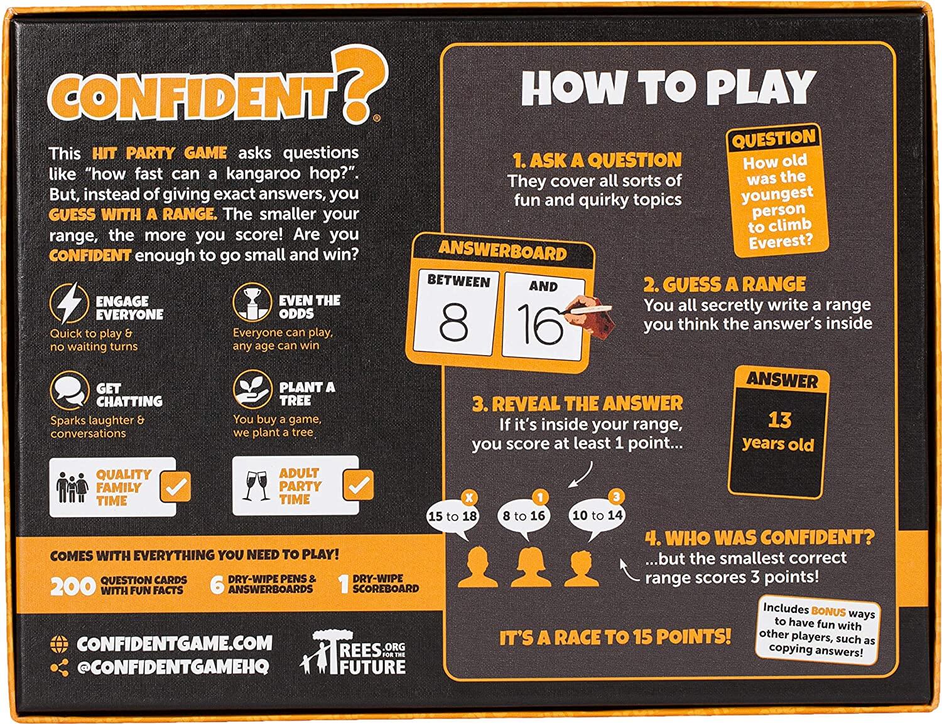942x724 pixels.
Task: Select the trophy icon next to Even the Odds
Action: click(x=251, y=302)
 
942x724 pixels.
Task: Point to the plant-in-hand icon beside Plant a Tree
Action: click(x=251, y=390)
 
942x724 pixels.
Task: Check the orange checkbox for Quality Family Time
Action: click(x=175, y=486)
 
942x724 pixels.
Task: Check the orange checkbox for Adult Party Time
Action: click(x=359, y=485)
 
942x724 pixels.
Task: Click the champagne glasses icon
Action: click(x=256, y=486)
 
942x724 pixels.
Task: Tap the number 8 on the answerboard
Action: click(x=453, y=322)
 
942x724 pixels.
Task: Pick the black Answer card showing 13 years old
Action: click(x=779, y=431)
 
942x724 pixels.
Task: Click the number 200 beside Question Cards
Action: click(x=72, y=586)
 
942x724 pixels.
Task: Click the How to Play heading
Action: click(x=668, y=88)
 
